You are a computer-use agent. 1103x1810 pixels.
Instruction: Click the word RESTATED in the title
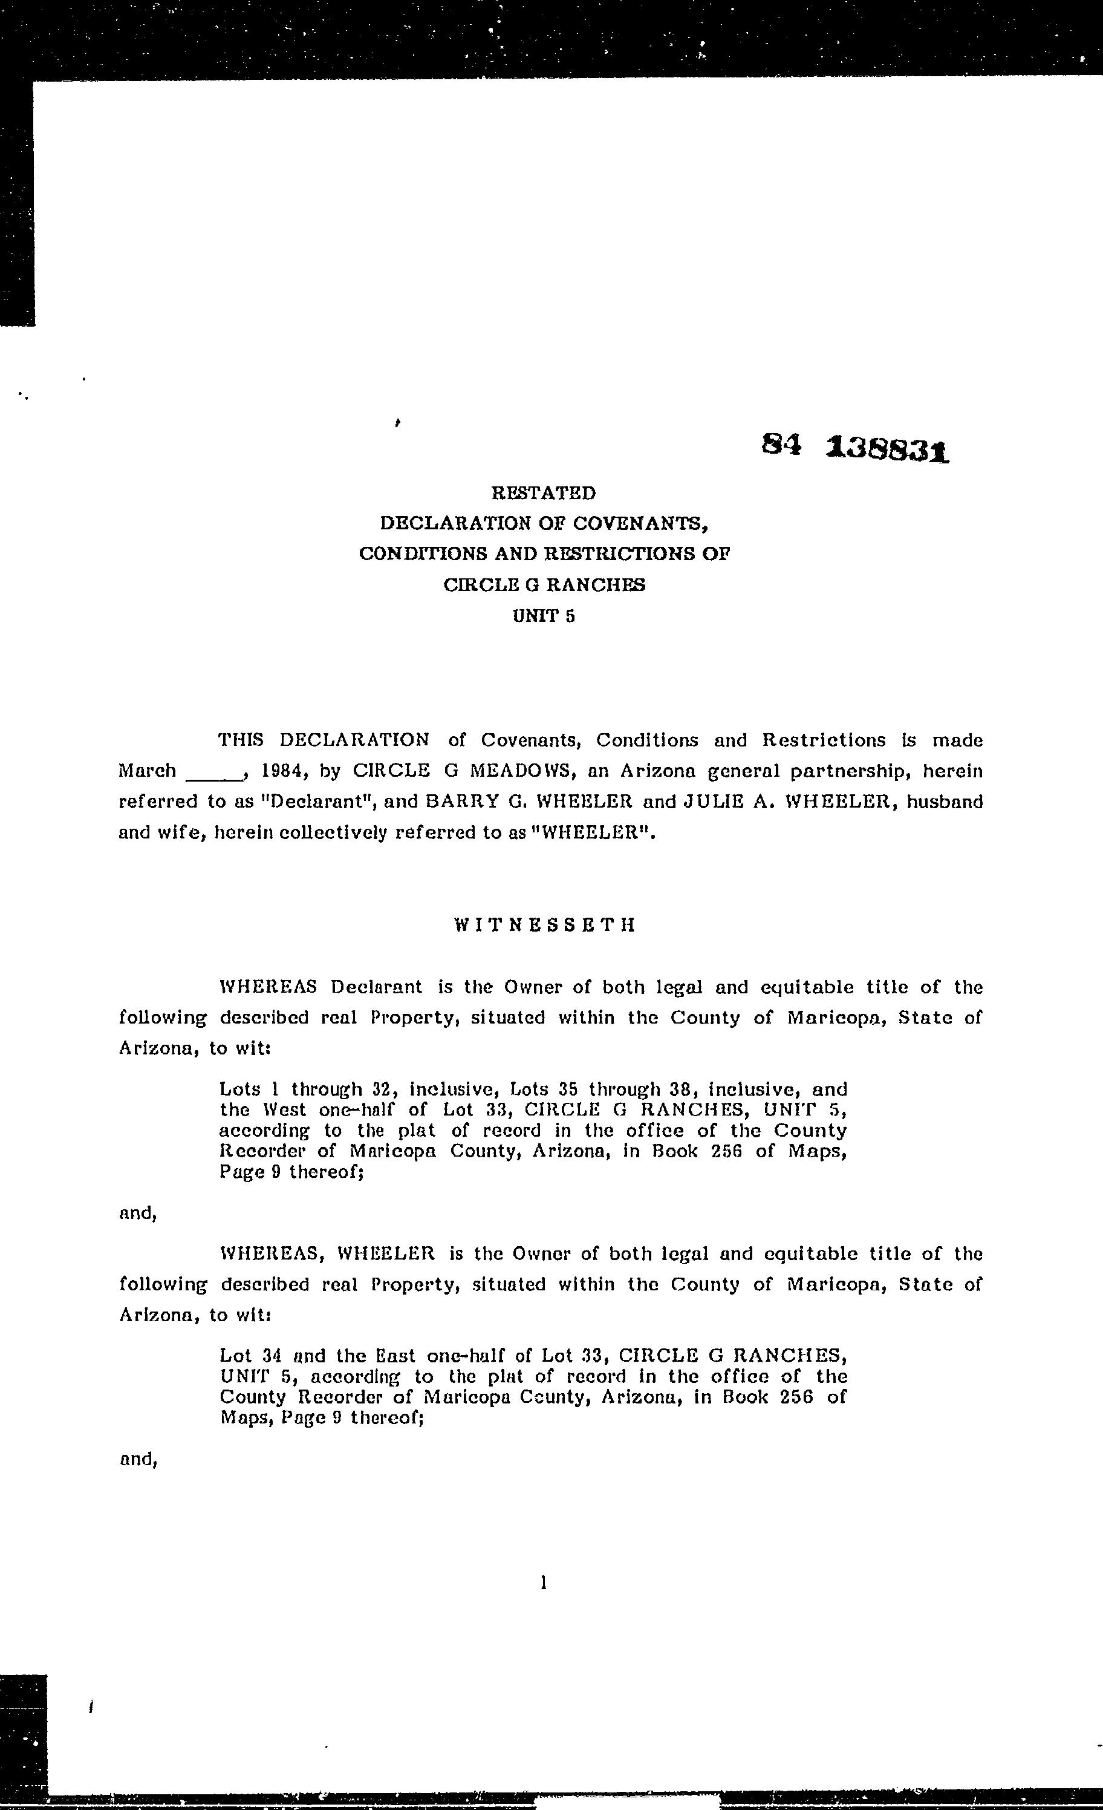[544, 493]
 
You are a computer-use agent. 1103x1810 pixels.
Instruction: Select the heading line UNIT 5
[544, 616]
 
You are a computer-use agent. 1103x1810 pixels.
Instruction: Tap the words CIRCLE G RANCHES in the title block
[544, 586]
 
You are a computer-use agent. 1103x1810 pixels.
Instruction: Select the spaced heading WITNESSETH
[544, 926]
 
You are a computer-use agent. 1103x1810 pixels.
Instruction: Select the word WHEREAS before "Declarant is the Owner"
[268, 987]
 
